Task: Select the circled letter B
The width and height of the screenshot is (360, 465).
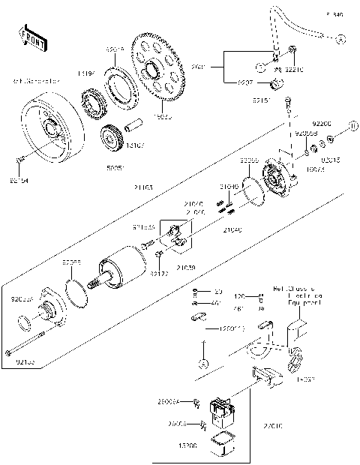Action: point(353,125)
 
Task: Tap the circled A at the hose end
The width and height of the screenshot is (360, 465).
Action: point(340,37)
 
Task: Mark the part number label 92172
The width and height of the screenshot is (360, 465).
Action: point(158,274)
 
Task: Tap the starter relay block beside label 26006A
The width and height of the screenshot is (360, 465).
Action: point(223,408)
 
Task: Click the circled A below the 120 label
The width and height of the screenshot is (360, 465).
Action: point(202,363)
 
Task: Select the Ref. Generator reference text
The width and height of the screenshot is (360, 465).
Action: point(33,82)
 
